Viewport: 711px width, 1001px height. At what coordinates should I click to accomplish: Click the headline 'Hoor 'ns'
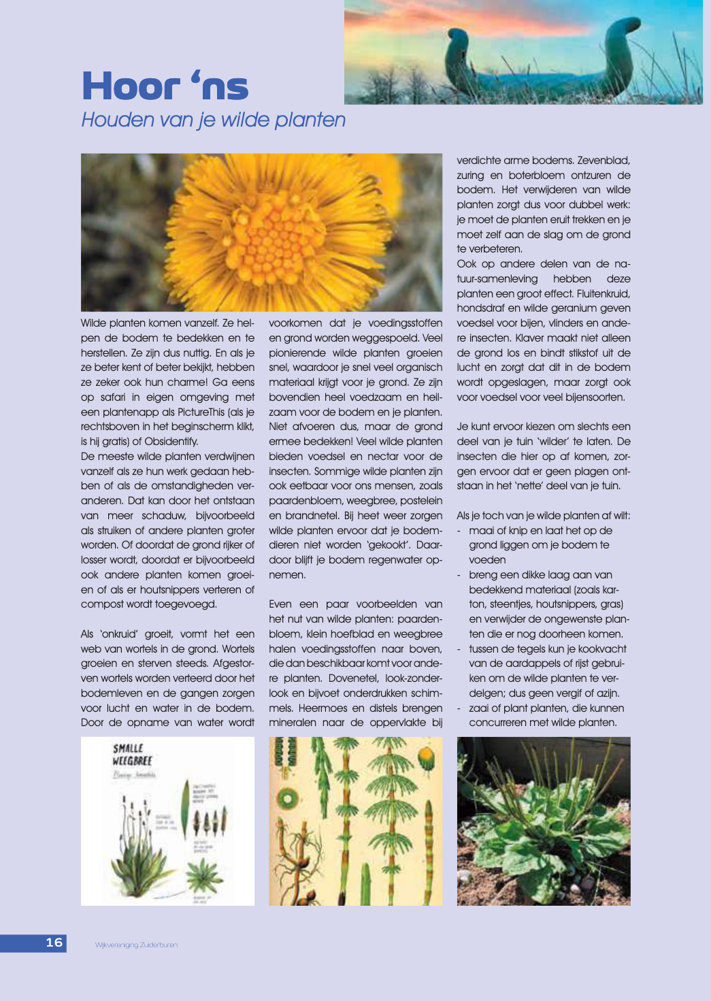coord(165,86)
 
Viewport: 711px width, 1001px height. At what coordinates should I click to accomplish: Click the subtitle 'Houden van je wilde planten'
coord(213,120)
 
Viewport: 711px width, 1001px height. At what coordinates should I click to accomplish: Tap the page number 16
coord(54,942)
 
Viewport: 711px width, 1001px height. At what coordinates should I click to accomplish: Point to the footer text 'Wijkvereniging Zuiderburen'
coord(136,945)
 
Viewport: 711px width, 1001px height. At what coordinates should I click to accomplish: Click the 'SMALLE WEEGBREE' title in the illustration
coord(132,755)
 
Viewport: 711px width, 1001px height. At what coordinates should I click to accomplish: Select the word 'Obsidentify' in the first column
coord(170,442)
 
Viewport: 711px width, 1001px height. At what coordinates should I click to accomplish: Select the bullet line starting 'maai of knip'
coord(540,530)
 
